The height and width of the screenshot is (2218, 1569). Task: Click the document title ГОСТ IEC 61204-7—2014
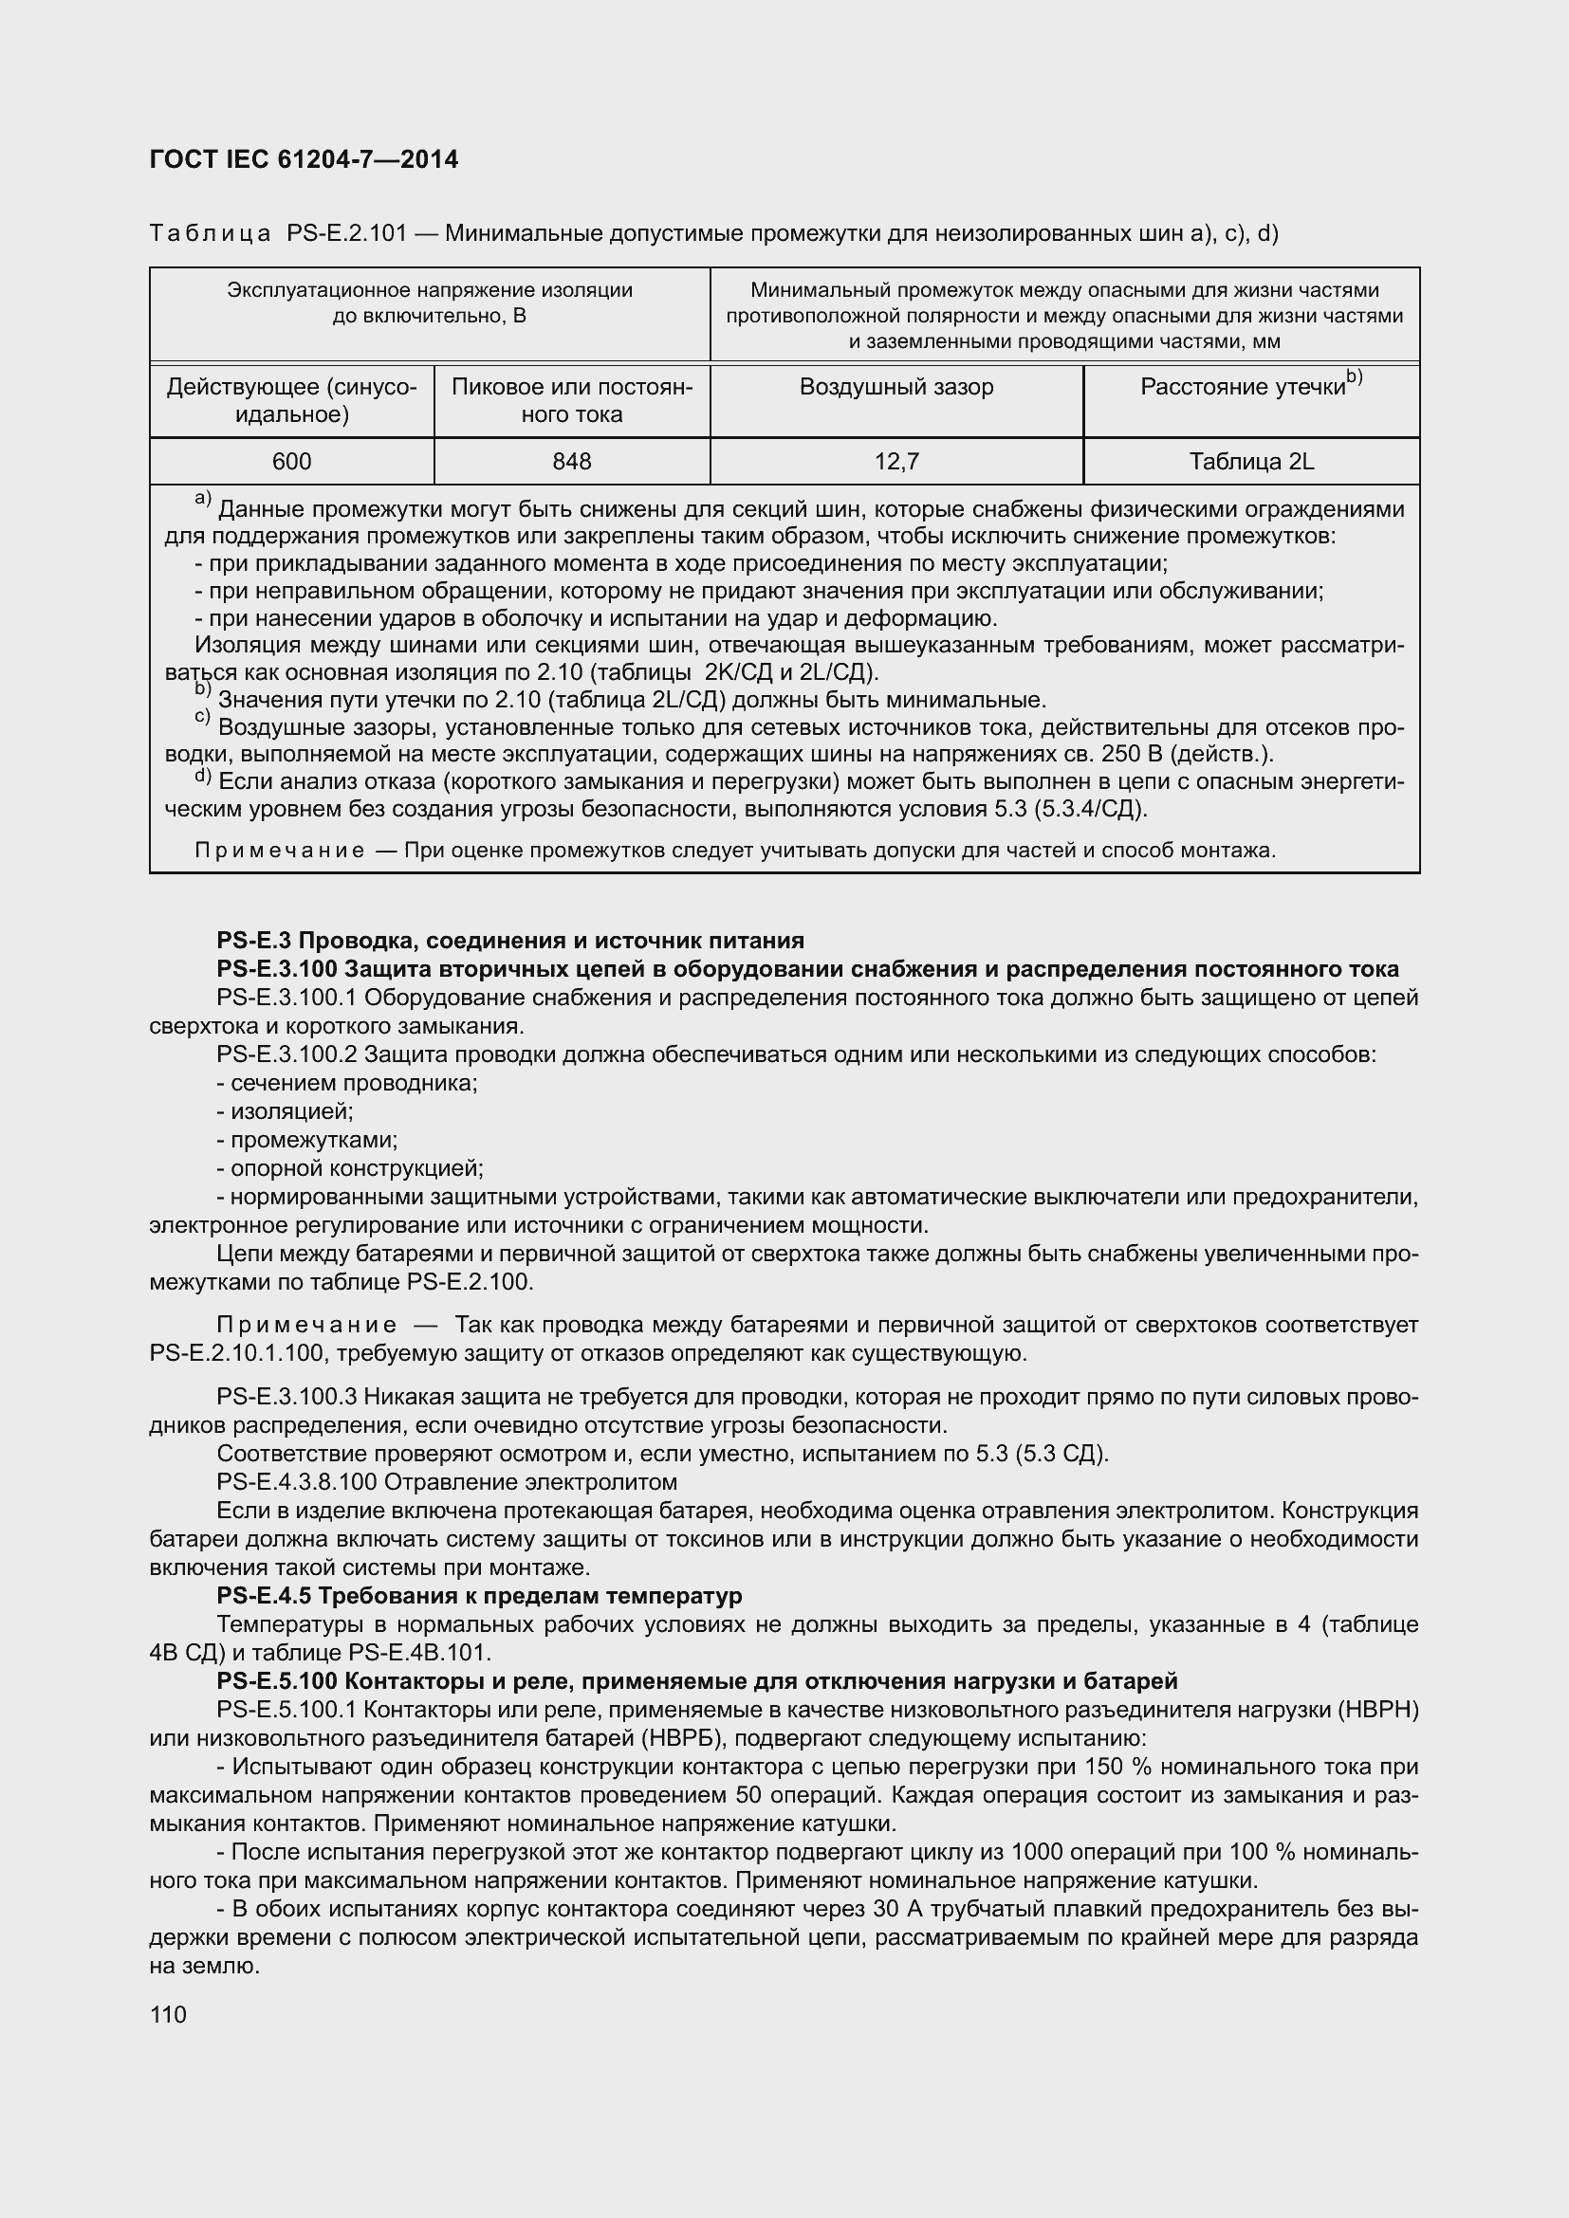pyautogui.click(x=305, y=159)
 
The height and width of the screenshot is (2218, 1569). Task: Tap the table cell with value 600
pyautogui.click(x=292, y=462)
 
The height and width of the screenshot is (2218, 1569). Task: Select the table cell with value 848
pyautogui.click(x=572, y=462)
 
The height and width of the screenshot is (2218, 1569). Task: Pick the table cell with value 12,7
pyautogui.click(x=896, y=462)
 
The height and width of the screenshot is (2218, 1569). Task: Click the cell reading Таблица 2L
pyautogui.click(x=1251, y=462)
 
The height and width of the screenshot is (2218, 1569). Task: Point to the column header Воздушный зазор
pyautogui.click(x=896, y=388)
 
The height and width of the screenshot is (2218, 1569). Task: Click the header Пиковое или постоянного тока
pyautogui.click(x=572, y=401)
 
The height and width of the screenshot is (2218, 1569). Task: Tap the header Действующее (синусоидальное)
pyautogui.click(x=292, y=401)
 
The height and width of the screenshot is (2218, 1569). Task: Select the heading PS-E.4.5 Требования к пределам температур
pyautogui.click(x=479, y=1595)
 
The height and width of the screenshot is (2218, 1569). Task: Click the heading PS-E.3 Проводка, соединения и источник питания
pyautogui.click(x=510, y=940)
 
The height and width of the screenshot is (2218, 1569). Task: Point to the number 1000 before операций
pyautogui.click(x=1037, y=1852)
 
